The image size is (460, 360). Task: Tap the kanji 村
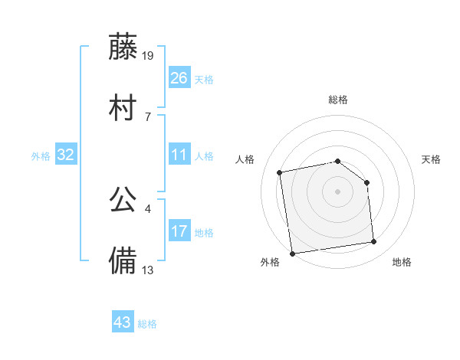(123, 108)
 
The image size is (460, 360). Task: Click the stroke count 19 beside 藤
(149, 55)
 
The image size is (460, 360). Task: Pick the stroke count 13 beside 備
(148, 270)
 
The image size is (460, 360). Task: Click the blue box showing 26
(179, 77)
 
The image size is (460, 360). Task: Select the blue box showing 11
(179, 155)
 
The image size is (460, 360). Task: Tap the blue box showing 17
(179, 231)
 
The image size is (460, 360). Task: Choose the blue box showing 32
(66, 155)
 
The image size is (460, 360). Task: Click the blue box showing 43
(123, 322)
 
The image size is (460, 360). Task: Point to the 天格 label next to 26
(204, 79)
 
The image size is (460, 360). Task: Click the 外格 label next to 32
(41, 156)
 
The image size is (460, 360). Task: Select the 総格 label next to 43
(147, 324)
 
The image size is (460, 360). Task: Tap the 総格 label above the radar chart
(338, 100)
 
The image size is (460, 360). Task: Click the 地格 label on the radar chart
(402, 263)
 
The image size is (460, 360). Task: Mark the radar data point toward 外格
(292, 253)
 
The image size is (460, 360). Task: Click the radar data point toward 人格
(281, 172)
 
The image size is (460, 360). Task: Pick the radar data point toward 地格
(374, 242)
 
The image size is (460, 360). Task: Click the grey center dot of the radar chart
(338, 191)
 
